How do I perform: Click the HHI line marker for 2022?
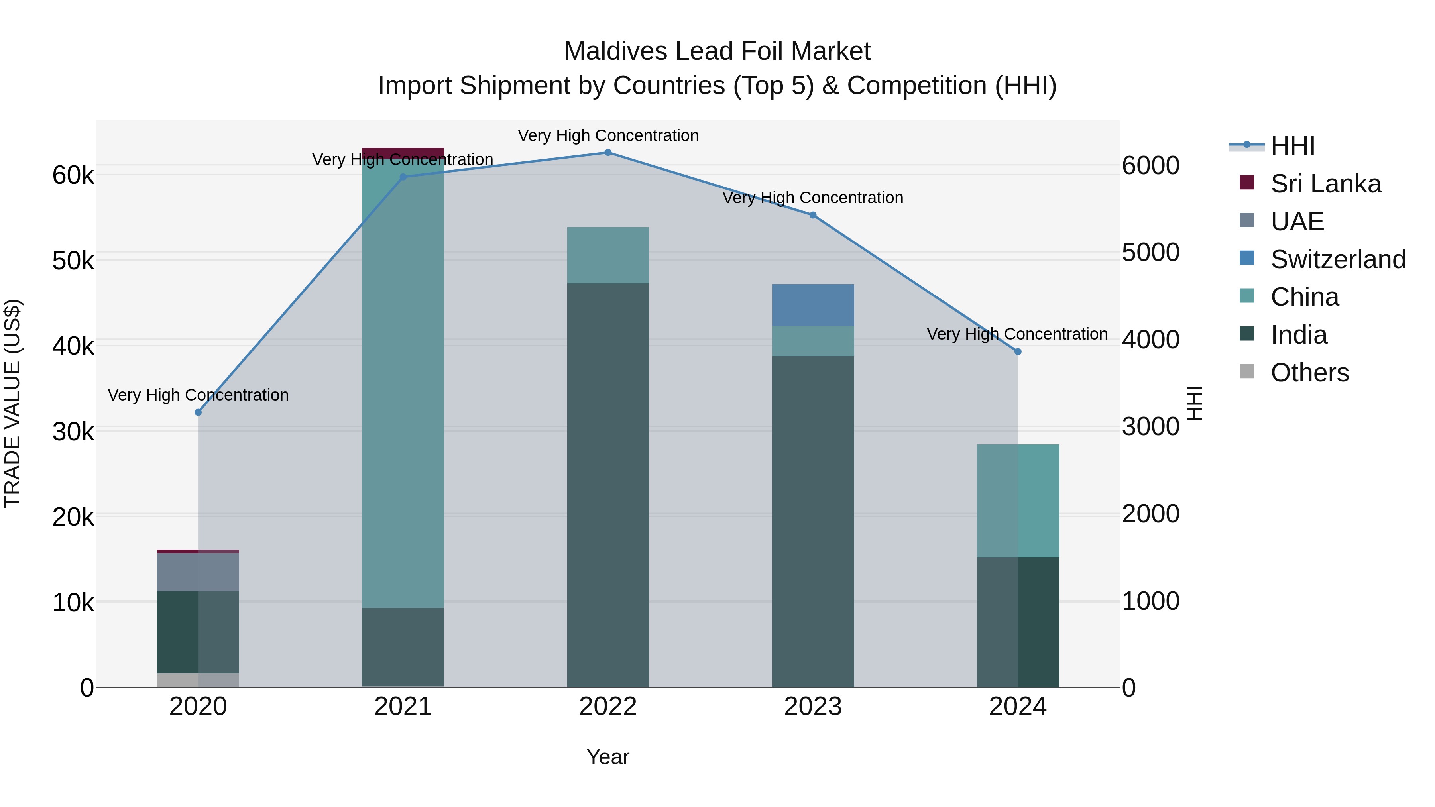point(608,153)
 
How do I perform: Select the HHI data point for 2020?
point(199,412)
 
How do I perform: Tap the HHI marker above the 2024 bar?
point(1018,351)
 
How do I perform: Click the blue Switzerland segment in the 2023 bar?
point(813,305)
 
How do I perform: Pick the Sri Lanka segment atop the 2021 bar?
point(403,153)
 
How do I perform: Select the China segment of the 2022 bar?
point(608,255)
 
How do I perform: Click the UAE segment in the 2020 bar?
point(199,571)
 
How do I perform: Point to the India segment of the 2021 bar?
point(403,647)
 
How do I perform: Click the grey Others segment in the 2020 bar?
point(199,680)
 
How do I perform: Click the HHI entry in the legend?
point(1292,146)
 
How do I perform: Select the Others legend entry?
point(1309,373)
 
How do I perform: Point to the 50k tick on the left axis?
point(73,261)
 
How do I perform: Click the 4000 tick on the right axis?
point(1150,339)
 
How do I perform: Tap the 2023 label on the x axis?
point(813,707)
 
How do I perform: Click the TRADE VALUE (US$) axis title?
point(12,403)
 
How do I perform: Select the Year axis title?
point(608,757)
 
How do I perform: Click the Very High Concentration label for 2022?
point(608,135)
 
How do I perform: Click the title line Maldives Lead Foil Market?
point(717,51)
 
